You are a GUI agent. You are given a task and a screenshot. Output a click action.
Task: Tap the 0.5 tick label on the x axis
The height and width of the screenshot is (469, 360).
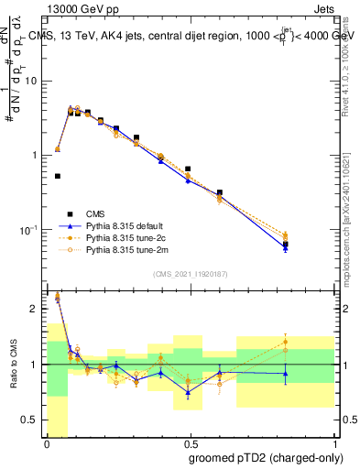pyautogui.click(x=190, y=442)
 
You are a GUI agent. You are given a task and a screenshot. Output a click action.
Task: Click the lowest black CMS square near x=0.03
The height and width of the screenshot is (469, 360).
pyautogui.click(x=58, y=176)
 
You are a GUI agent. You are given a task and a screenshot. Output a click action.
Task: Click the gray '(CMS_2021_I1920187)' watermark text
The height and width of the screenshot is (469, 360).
pyautogui.click(x=190, y=273)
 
